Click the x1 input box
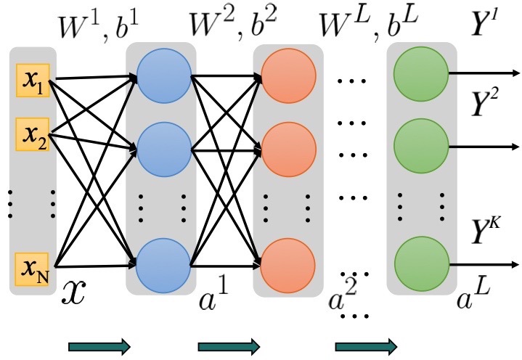tap(33, 81)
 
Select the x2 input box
tap(33, 134)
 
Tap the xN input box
tap(32, 269)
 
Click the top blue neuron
tap(164, 76)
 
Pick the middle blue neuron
tap(164, 150)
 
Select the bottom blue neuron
tap(163, 266)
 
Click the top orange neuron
tap(289, 76)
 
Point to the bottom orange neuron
tap(288, 266)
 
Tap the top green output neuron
tap(421, 74)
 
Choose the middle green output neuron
tap(421, 146)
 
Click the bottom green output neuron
tap(422, 264)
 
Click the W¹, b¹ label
tap(98, 27)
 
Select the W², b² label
tap(233, 25)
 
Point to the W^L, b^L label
tap(369, 24)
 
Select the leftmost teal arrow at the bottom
tap(99, 347)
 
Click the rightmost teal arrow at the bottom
tap(366, 347)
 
